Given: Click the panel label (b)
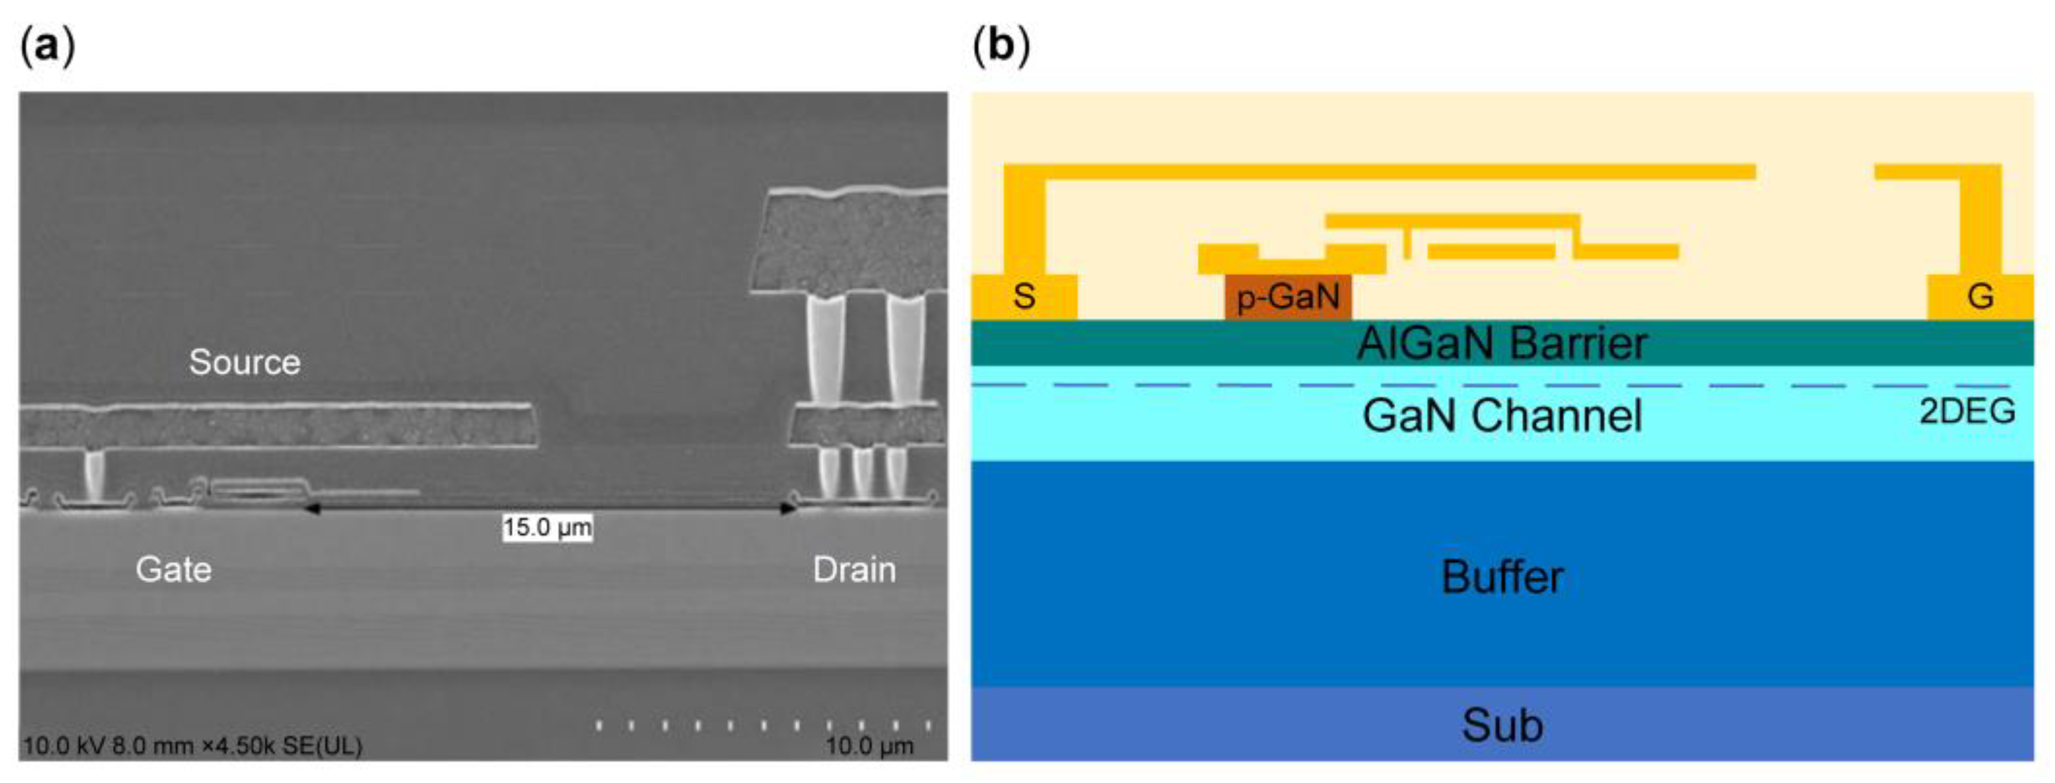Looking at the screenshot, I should (1001, 46).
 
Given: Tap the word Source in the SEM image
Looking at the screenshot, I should (245, 363).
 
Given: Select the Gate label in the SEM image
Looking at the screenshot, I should (174, 570).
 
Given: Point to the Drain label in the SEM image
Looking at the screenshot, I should (854, 570).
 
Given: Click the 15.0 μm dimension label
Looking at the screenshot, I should (547, 528).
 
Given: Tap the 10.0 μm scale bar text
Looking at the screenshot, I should (869, 746).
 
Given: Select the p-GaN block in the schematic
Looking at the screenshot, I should (1288, 297).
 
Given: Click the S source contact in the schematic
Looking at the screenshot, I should (1025, 297).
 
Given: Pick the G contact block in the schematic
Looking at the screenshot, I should (1980, 297).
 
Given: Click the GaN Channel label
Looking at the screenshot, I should (1501, 415).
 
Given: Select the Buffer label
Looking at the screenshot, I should (1501, 576).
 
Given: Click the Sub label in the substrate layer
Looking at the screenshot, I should (1501, 725).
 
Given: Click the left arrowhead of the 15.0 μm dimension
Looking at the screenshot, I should (311, 508).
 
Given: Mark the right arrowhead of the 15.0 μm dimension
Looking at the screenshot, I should (788, 508).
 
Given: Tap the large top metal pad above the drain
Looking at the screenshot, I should (850, 244).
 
